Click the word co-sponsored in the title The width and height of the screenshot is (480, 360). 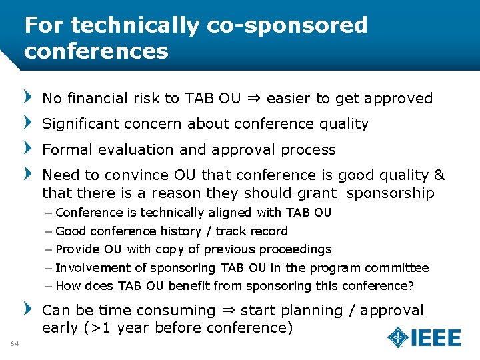(x=287, y=25)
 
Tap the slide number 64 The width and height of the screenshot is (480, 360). (x=15, y=343)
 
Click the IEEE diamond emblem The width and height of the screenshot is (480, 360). (x=398, y=337)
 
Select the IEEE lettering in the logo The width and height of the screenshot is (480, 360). (x=436, y=337)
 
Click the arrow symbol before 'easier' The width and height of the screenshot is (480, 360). (x=253, y=99)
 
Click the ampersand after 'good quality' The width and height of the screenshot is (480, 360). (x=439, y=175)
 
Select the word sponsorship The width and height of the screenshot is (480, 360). (x=391, y=193)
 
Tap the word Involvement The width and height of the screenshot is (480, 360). (x=93, y=268)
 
